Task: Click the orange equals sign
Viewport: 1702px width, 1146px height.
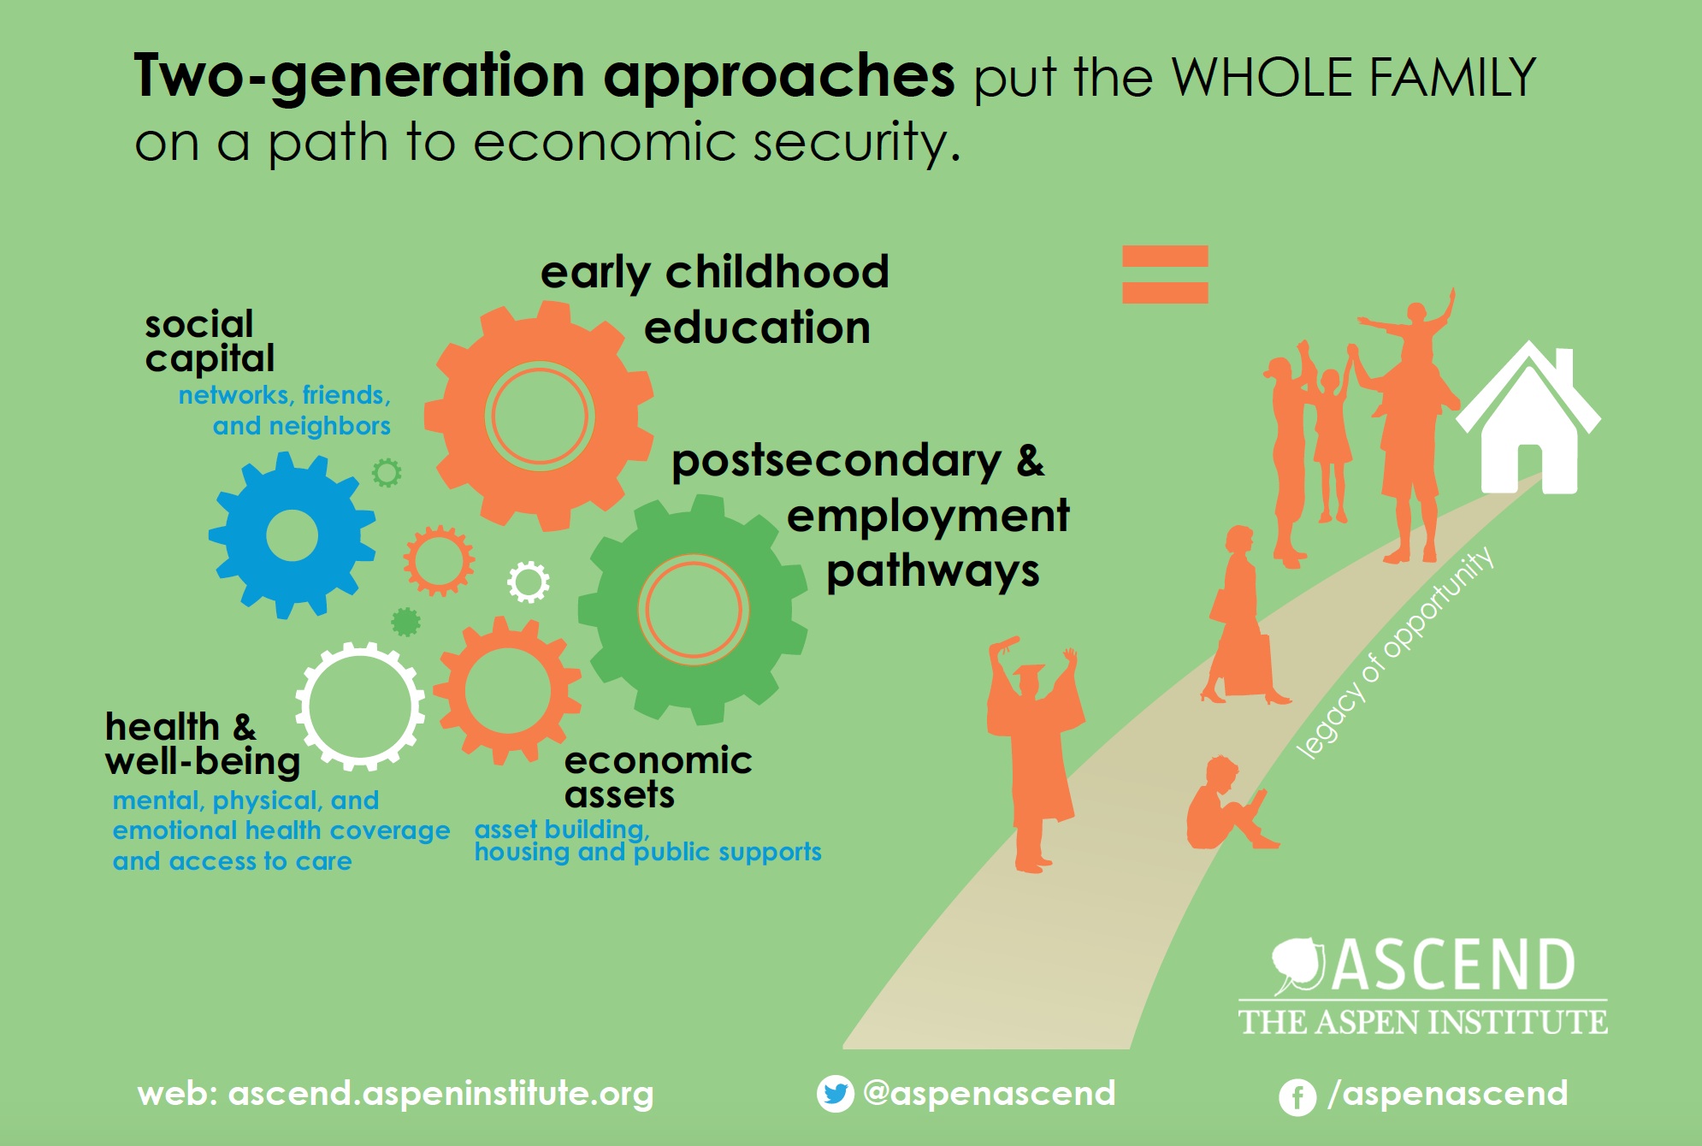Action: coord(1165,274)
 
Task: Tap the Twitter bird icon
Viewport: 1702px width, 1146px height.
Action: coord(835,1094)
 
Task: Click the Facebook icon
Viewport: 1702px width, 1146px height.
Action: coord(1297,1096)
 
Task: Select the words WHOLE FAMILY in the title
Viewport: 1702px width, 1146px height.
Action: coord(1354,78)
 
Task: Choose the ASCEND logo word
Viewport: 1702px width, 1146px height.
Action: coord(1453,965)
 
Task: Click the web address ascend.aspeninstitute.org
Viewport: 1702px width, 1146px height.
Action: coord(440,1094)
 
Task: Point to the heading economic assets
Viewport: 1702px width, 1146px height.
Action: coord(658,777)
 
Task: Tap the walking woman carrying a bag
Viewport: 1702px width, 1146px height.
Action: coord(1242,616)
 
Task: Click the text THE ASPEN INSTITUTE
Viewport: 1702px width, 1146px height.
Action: coord(1423,1022)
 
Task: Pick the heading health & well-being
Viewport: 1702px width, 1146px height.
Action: coord(203,744)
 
